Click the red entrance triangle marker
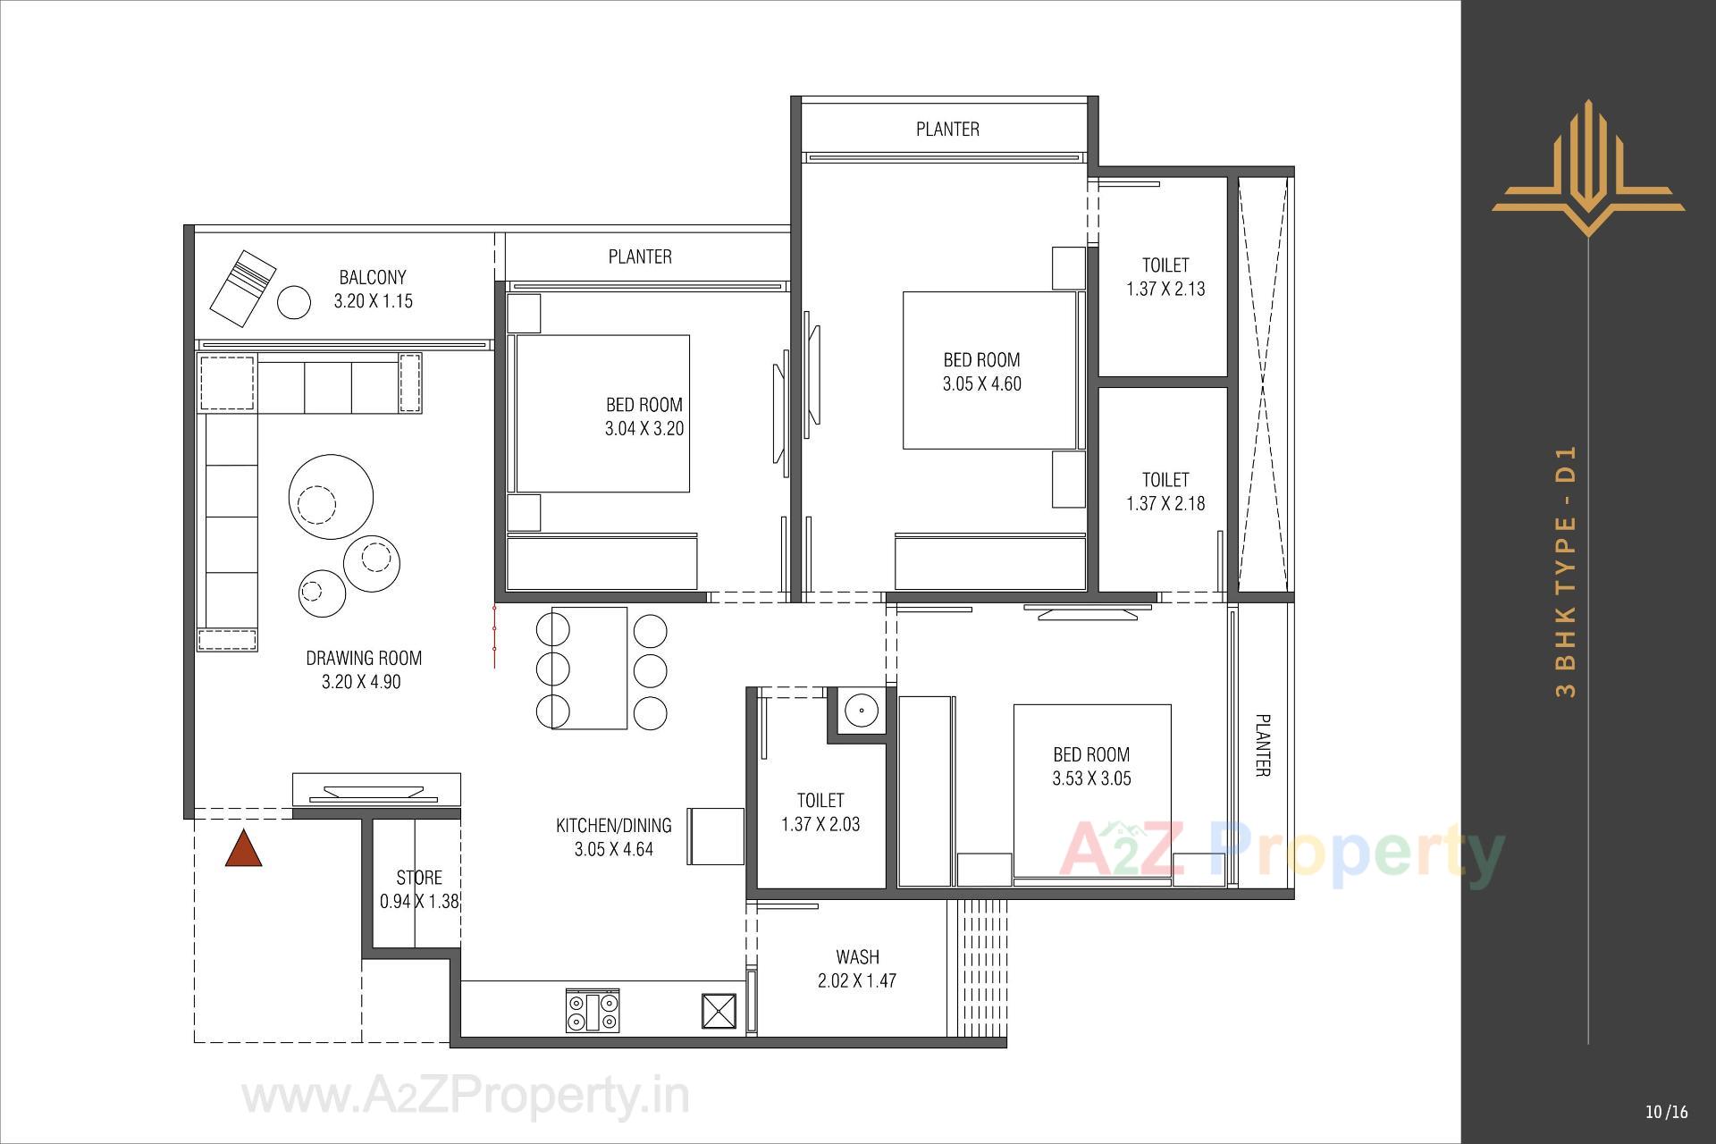click(243, 850)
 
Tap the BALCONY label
click(373, 277)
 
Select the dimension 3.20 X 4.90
click(361, 682)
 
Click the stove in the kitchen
click(593, 1012)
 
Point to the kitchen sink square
click(719, 1012)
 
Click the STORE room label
click(419, 878)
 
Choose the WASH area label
click(857, 957)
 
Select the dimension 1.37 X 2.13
click(1165, 289)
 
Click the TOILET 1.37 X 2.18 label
click(1165, 492)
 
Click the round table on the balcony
click(294, 302)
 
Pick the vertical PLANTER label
click(1263, 744)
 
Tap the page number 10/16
click(1666, 1112)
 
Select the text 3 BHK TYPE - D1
click(1567, 571)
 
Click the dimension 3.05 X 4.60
click(981, 384)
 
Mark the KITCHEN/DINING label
click(613, 825)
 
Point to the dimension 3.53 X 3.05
click(1091, 778)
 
